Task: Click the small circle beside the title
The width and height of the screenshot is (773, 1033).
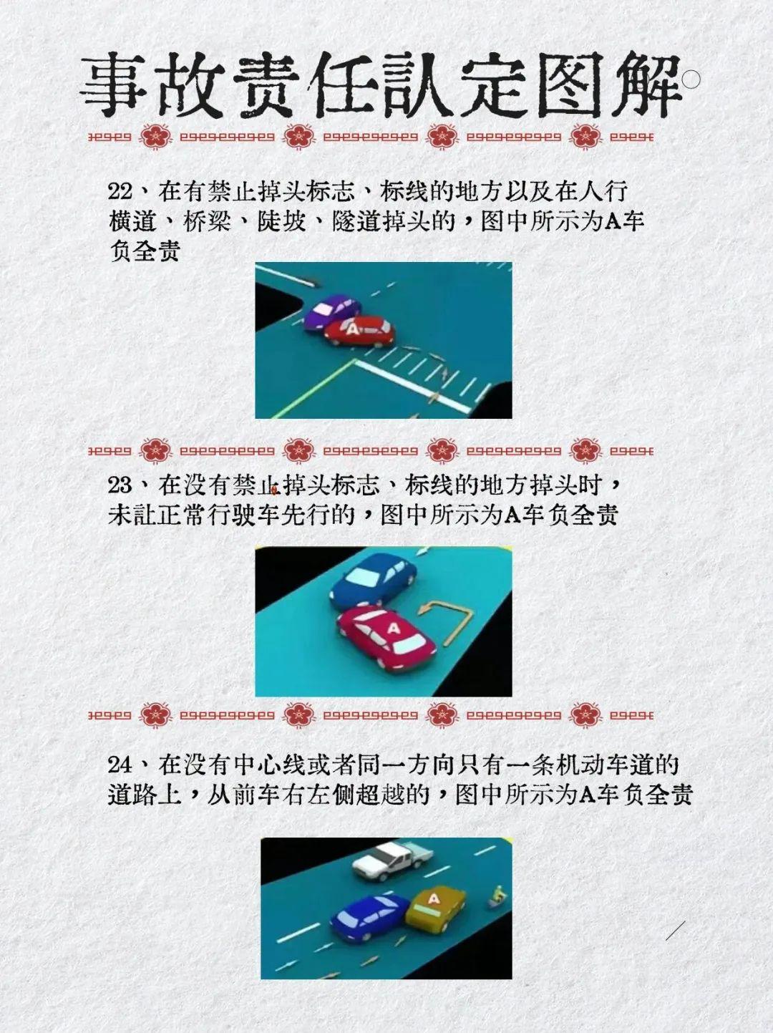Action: [x=691, y=79]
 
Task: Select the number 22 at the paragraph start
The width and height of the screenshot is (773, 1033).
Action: [x=120, y=191]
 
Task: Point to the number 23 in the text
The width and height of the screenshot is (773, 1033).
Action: [x=120, y=485]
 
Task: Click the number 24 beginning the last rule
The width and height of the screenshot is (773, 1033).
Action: [x=120, y=765]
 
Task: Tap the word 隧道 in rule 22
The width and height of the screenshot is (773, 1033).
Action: [x=356, y=221]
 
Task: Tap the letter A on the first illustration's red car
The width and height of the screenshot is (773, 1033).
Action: [x=351, y=329]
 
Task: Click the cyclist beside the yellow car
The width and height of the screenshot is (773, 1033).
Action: [x=495, y=897]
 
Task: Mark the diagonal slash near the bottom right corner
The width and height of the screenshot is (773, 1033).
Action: [x=675, y=931]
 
